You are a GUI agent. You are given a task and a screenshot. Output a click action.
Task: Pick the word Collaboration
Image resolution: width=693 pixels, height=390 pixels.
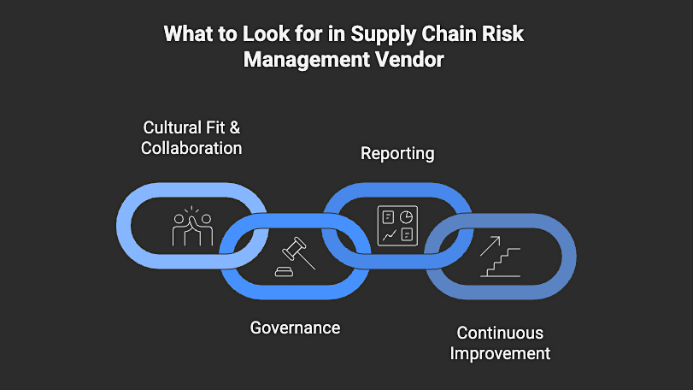(192, 148)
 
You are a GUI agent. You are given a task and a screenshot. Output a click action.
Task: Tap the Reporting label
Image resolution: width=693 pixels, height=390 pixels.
(397, 154)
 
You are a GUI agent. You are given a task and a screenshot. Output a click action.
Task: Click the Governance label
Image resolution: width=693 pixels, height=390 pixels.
(295, 328)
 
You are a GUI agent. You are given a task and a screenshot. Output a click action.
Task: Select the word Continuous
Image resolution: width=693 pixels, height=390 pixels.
(500, 333)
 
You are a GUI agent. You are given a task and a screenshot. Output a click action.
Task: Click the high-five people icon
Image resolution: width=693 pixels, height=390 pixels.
(192, 227)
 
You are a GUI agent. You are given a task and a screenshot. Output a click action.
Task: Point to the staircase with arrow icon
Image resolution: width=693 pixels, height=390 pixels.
(500, 257)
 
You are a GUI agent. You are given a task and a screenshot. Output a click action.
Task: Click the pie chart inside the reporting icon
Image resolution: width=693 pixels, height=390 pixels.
(407, 216)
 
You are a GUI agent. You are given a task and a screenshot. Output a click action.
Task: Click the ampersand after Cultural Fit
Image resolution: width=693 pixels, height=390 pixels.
(235, 128)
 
